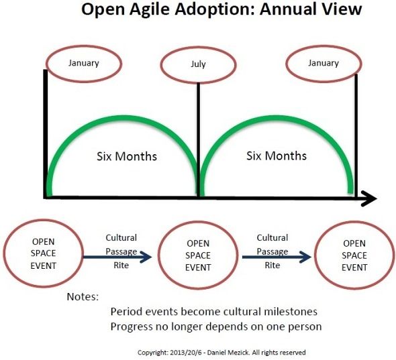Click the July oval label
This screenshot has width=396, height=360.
coord(198,64)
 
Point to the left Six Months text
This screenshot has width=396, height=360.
coord(127,156)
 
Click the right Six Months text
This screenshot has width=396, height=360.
coord(277,156)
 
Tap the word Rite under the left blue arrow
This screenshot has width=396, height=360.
coord(121,265)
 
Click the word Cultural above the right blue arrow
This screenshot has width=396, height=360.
coord(273,237)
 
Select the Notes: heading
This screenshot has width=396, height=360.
coord(83,297)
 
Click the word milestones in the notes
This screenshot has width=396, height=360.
coord(291,312)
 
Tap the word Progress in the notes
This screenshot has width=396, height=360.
coord(132,327)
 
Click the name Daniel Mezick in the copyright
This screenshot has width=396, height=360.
coord(228,353)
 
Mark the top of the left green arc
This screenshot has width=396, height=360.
coord(123,117)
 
